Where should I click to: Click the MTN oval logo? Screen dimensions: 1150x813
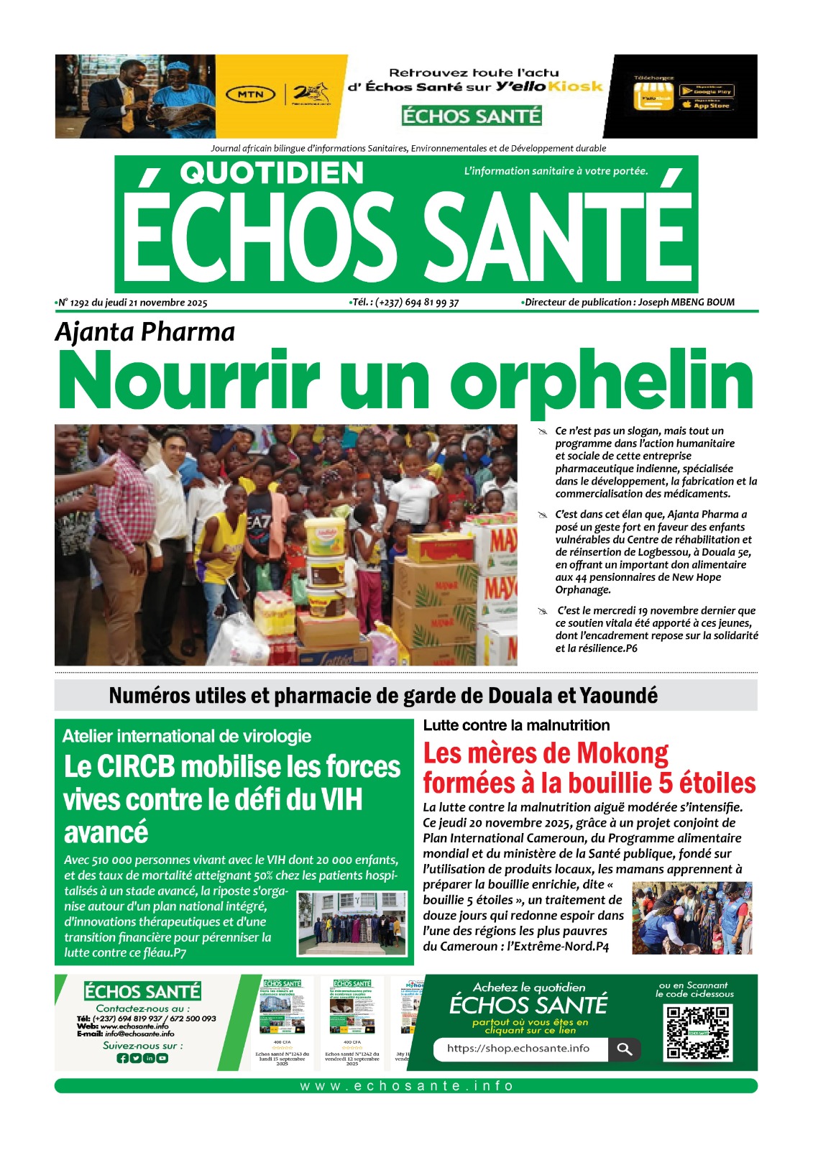[x=250, y=94]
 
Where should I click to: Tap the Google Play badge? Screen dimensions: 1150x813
[x=706, y=91]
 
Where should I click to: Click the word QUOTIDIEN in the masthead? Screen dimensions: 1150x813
[x=272, y=173]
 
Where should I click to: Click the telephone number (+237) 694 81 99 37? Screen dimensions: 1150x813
[x=417, y=303]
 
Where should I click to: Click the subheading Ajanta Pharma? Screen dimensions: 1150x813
[x=145, y=332]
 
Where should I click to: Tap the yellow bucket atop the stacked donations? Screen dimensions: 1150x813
[x=325, y=536]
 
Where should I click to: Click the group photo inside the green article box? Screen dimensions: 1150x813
[x=352, y=923]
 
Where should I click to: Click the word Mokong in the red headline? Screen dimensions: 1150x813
[x=623, y=753]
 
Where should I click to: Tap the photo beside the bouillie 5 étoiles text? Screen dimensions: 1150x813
[x=692, y=918]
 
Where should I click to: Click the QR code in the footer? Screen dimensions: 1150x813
[x=697, y=1031]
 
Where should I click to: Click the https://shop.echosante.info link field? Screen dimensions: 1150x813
[x=519, y=1049]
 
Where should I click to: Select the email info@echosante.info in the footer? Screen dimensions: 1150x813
[x=139, y=1034]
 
